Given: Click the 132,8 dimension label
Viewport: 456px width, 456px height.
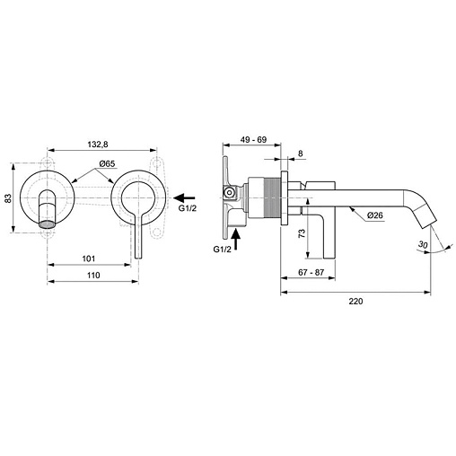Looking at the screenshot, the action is (x=98, y=145).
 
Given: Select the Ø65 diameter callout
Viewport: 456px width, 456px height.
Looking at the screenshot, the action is (x=107, y=163).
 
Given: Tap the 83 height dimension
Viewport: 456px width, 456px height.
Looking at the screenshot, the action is (x=8, y=198).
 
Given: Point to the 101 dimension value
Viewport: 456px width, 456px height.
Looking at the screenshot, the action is (x=89, y=259).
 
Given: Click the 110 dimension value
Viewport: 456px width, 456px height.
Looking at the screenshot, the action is (x=93, y=276).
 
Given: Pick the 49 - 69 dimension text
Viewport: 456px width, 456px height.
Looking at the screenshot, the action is (x=254, y=139).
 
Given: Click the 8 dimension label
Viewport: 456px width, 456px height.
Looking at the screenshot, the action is (x=301, y=153).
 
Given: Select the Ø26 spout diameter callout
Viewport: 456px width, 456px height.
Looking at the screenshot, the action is (x=375, y=215).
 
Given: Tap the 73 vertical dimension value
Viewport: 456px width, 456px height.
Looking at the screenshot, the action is (x=303, y=233).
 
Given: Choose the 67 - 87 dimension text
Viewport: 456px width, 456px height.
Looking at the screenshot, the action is (x=311, y=273).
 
